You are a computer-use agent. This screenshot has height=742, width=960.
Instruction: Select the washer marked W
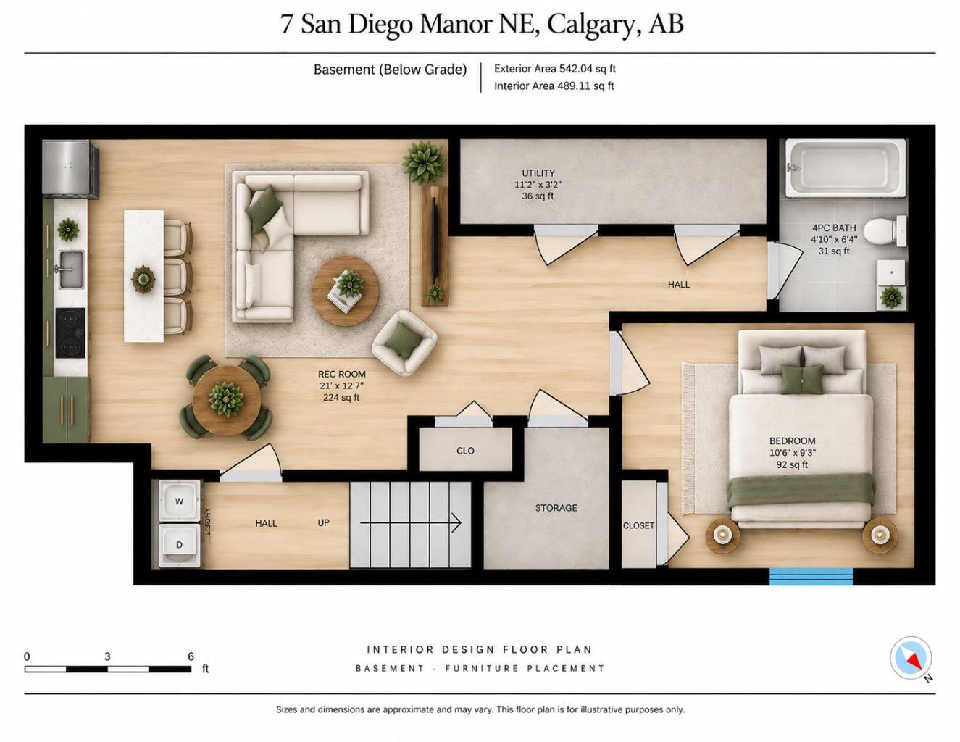[x=180, y=501]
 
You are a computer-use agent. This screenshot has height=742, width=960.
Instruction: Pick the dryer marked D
[x=180, y=545]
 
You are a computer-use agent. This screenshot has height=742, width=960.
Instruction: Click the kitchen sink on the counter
[x=71, y=270]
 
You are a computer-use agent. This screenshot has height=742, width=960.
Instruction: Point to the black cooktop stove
[x=70, y=333]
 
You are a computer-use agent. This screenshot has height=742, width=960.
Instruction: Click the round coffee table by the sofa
[x=346, y=291]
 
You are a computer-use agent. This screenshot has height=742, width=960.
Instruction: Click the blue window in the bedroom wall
[x=811, y=576]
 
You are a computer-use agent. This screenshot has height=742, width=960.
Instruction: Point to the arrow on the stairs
[x=411, y=523]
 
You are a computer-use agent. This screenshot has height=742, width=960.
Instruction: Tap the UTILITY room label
[x=538, y=173]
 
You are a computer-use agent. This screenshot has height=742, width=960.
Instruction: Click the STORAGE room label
[x=556, y=508]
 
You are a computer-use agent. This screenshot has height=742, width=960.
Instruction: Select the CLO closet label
[x=465, y=451]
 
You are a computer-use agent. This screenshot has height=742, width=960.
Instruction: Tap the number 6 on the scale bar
[x=191, y=656]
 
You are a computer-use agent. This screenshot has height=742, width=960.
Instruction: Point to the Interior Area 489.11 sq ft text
[x=554, y=86]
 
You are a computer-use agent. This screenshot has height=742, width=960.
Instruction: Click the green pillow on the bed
[x=803, y=379]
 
